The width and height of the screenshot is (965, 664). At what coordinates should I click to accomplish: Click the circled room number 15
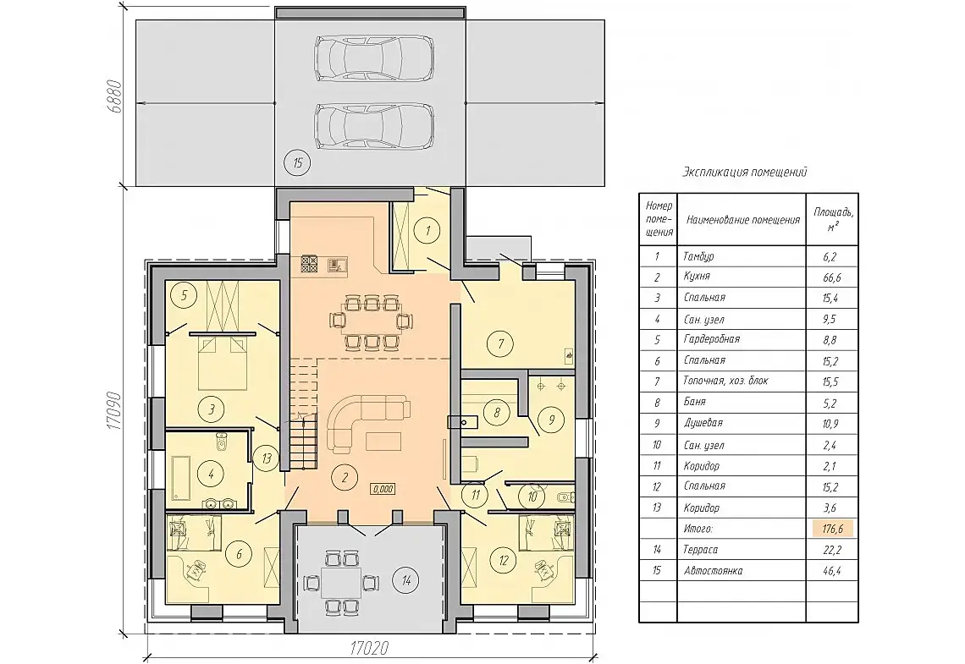pyautogui.click(x=297, y=163)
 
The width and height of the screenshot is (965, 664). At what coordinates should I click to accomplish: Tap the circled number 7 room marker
pyautogui.click(x=500, y=343)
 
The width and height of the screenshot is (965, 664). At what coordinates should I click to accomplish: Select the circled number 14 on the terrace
pyautogui.click(x=406, y=579)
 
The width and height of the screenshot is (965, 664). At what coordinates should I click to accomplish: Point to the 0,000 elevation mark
pyautogui.click(x=382, y=490)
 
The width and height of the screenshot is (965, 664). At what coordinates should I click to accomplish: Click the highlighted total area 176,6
pyautogui.click(x=832, y=528)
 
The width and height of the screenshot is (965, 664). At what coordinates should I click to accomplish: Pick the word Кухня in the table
pyautogui.click(x=697, y=277)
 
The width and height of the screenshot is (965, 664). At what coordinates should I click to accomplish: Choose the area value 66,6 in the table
pyautogui.click(x=831, y=278)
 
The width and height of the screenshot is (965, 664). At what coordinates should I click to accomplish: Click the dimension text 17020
pyautogui.click(x=369, y=649)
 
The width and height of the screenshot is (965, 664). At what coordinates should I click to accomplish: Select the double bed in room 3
pyautogui.click(x=223, y=363)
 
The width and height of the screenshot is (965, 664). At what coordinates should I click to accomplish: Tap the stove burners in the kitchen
pyautogui.click(x=309, y=265)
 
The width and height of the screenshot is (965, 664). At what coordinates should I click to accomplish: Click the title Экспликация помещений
pyautogui.click(x=745, y=173)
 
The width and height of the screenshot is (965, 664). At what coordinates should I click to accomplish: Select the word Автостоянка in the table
pyautogui.click(x=714, y=571)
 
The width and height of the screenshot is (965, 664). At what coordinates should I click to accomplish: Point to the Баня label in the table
pyautogui.click(x=695, y=402)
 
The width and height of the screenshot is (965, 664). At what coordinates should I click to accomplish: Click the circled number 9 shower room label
pyautogui.click(x=551, y=420)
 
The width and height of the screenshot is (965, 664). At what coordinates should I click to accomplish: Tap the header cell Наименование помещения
pyautogui.click(x=743, y=219)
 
